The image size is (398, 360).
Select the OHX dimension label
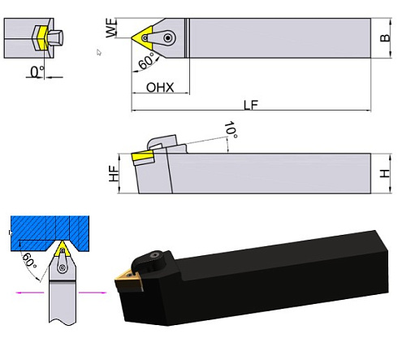pos(159,86)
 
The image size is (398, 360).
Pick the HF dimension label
pos(114,173)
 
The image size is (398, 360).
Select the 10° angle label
pos(231,129)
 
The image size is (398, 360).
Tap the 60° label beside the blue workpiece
pos(28,261)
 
